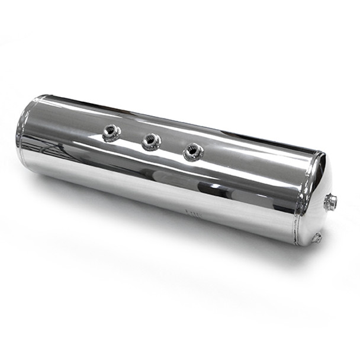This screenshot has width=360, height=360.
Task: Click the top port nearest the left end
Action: click(x=111, y=133)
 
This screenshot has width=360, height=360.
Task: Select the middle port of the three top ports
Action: click(x=151, y=141)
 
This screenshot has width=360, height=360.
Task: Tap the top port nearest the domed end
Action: click(x=193, y=152)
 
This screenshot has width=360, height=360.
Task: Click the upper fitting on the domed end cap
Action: click(x=330, y=202)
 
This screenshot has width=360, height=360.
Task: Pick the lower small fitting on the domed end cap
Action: click(x=317, y=237)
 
